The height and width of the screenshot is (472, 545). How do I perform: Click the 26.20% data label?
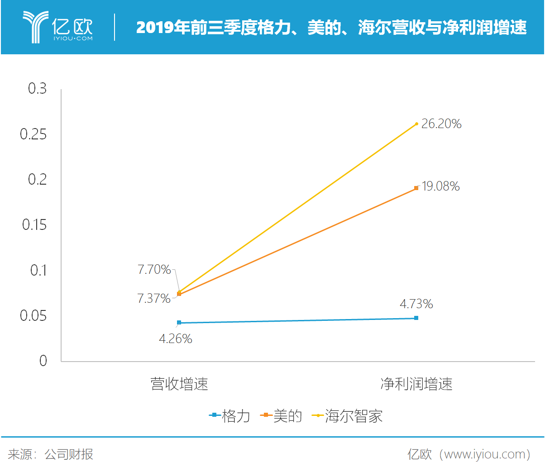coord(441,124)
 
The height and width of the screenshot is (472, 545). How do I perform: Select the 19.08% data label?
coord(440,186)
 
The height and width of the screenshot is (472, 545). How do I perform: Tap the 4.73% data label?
coord(416,304)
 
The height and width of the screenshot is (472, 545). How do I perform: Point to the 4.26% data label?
coord(176,339)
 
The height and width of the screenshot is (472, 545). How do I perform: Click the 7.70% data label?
coord(154,270)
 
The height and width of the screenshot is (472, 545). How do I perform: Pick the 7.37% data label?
coord(154,299)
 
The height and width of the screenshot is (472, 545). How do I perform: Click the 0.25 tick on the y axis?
coord(33,134)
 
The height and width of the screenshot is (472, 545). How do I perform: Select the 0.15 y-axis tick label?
coord(34,225)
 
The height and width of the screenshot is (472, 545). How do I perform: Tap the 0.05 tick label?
coord(33,316)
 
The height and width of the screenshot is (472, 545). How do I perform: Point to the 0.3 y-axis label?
coord(38,89)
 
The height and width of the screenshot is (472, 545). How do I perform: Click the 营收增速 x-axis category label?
coord(179,384)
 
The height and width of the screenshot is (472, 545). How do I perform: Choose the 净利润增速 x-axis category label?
coord(416,384)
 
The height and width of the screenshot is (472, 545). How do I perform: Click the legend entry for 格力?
coord(230,416)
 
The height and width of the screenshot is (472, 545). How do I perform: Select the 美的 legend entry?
coord(282,416)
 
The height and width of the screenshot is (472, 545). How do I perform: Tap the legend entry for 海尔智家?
coord(348,416)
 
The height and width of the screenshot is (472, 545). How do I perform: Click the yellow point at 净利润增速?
coord(416,124)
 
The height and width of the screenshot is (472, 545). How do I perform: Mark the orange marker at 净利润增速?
coord(416,188)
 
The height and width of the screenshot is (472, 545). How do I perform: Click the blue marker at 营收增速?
coord(179,323)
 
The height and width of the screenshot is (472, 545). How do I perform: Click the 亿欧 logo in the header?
coord(58,27)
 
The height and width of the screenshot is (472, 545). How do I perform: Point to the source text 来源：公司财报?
coord(51,454)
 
